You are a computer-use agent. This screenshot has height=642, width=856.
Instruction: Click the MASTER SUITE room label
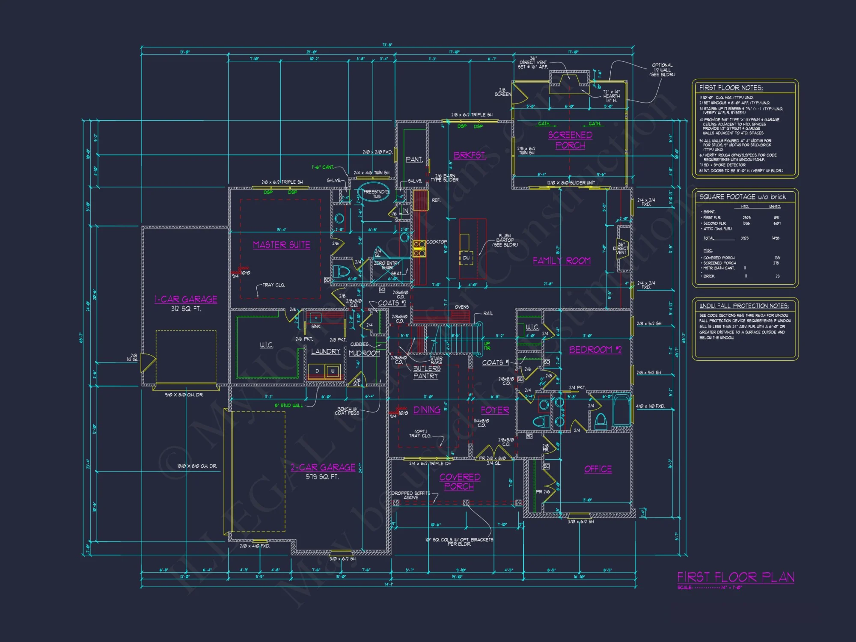[281, 245]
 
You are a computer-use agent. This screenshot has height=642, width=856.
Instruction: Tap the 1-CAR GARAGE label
[186, 299]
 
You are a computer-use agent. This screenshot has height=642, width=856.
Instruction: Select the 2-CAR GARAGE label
[323, 467]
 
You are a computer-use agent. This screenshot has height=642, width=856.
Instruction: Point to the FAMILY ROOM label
[562, 261]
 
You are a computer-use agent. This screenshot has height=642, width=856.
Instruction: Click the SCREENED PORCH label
[570, 140]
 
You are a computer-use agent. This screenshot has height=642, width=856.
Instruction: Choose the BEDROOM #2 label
[595, 350]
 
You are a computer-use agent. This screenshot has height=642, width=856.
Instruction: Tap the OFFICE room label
[598, 469]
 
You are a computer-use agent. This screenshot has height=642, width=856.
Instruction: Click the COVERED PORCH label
[459, 481]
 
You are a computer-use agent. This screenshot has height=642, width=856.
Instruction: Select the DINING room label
[427, 410]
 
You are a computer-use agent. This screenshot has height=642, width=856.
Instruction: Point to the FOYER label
[495, 410]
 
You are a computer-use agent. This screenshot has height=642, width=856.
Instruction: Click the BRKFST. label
[470, 155]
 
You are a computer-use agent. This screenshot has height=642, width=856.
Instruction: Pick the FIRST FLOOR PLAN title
[735, 577]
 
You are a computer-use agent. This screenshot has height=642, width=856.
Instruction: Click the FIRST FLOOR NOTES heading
[731, 88]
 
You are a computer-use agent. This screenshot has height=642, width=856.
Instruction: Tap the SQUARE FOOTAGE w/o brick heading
[743, 197]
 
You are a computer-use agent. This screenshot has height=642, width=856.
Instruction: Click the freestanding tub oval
[373, 193]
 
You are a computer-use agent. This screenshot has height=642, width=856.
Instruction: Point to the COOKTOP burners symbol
[419, 249]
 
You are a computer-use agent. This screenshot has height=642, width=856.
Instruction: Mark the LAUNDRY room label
[326, 351]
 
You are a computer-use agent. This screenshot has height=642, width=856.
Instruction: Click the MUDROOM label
[364, 353]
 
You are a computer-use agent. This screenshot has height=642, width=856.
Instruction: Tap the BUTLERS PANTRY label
[426, 372]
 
